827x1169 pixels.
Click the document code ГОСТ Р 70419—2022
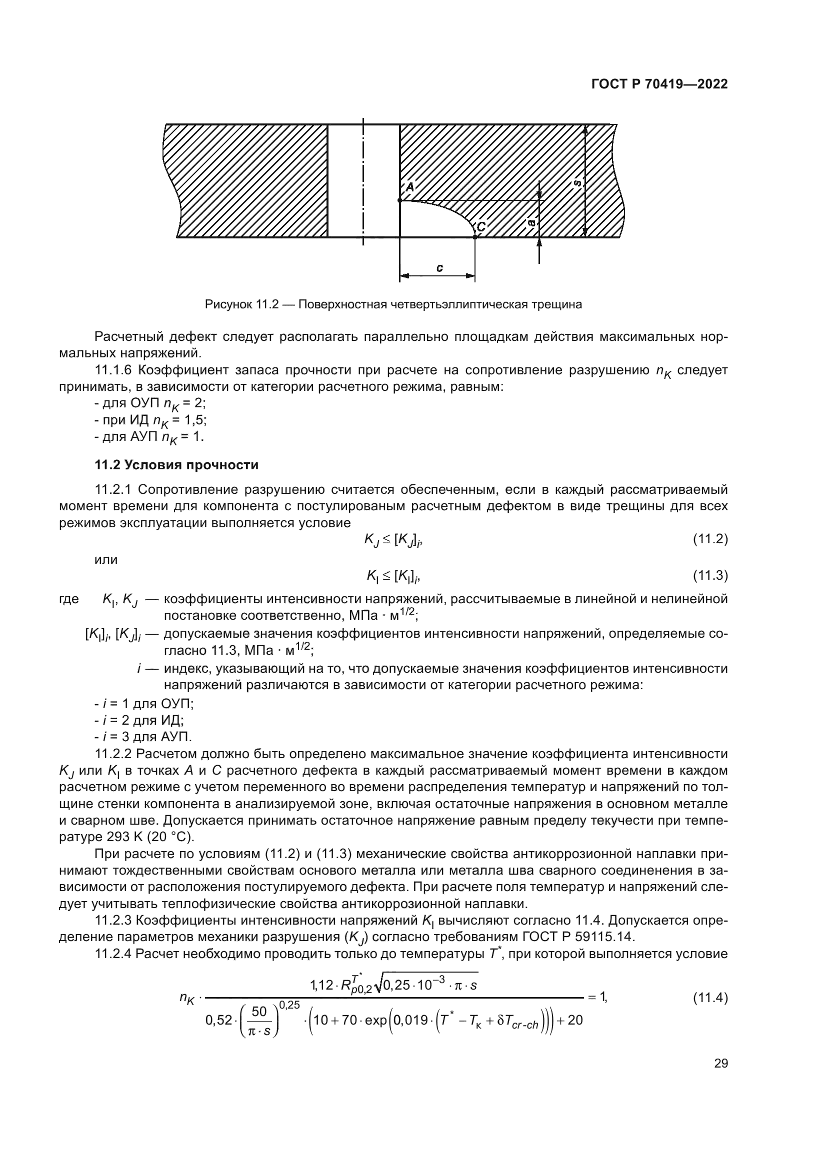tap(659, 84)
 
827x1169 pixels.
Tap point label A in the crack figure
tap(410, 187)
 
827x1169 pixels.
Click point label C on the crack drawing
tap(481, 226)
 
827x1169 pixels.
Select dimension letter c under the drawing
tap(439, 267)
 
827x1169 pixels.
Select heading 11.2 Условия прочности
tap(176, 465)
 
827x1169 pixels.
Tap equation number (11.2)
tap(710, 539)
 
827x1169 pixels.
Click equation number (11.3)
tap(710, 576)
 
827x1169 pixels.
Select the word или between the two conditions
tap(106, 560)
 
